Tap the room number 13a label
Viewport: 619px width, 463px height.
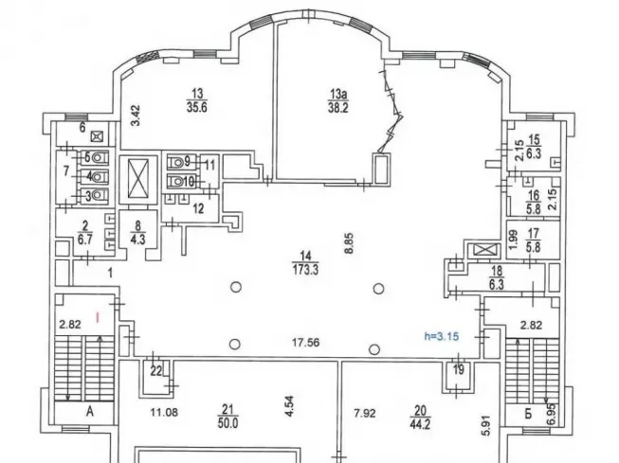pyautogui.click(x=337, y=93)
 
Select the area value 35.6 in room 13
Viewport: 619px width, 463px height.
pyautogui.click(x=198, y=107)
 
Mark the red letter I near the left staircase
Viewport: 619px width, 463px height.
pyautogui.click(x=95, y=311)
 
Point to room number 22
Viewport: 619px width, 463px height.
pyautogui.click(x=156, y=369)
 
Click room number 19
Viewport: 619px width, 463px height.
pyautogui.click(x=459, y=369)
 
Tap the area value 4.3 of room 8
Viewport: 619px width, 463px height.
pyautogui.click(x=139, y=238)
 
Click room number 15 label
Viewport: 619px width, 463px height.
pyautogui.click(x=533, y=139)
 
